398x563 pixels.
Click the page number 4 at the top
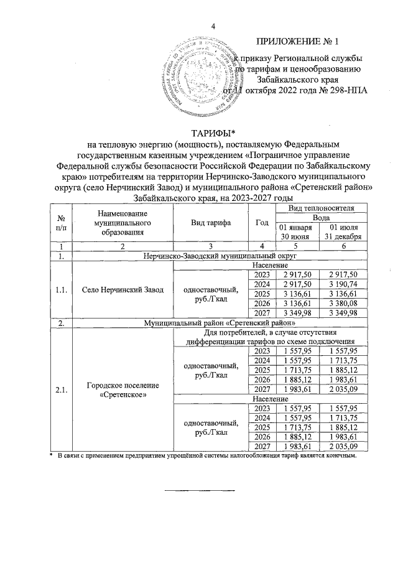213,26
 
